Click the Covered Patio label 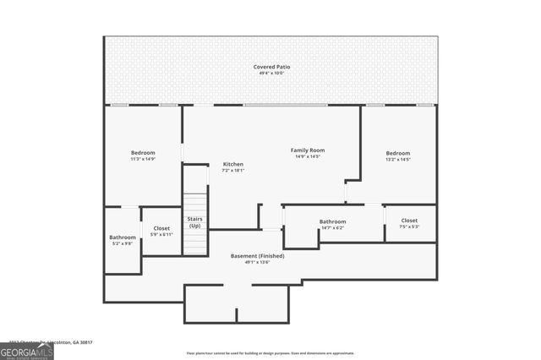pyautogui.click(x=270, y=67)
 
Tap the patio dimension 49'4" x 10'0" pyautogui.click(x=270, y=74)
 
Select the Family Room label pyautogui.click(x=308, y=150)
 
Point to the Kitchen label pyautogui.click(x=232, y=164)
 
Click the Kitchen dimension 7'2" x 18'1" pyautogui.click(x=232, y=171)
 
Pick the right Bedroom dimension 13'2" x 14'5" pyautogui.click(x=397, y=159)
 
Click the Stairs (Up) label pyautogui.click(x=194, y=222)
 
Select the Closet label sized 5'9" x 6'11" pyautogui.click(x=161, y=228)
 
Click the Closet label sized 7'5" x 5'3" pyautogui.click(x=409, y=221)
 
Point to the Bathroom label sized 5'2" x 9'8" pyautogui.click(x=123, y=237)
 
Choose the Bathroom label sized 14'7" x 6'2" pyautogui.click(x=332, y=222)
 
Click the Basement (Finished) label pyautogui.click(x=257, y=255)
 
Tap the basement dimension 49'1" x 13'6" pyautogui.click(x=257, y=262)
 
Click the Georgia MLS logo pyautogui.click(x=26, y=349)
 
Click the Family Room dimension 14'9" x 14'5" pyautogui.click(x=308, y=156)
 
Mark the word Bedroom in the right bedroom pyautogui.click(x=397, y=153)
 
